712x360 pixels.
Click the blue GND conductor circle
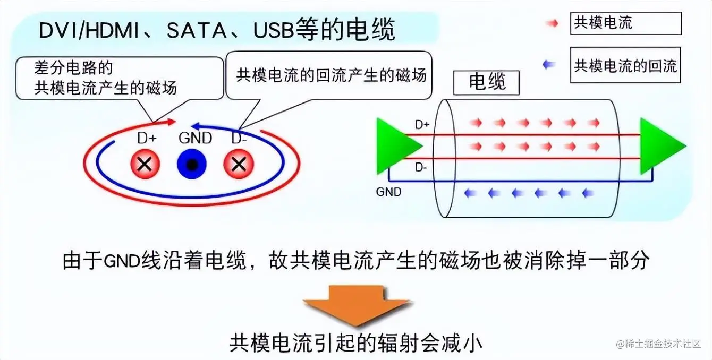point(192,164)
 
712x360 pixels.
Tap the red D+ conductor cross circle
point(145,164)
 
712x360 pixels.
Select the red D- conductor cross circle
point(239,164)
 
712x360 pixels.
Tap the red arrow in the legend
point(552,24)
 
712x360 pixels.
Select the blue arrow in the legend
point(549,65)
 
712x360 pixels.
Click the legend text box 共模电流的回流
point(625,65)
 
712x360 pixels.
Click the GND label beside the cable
point(388,192)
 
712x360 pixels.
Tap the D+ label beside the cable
point(422,125)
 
